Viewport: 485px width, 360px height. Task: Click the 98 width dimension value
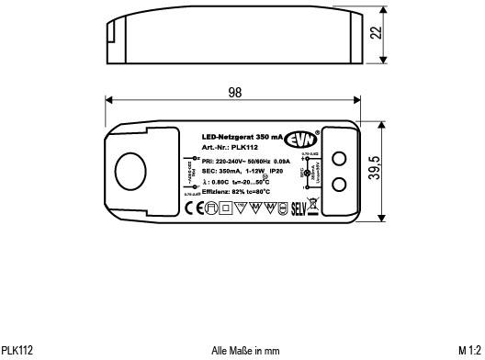234,93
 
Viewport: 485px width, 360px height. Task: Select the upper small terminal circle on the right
338,159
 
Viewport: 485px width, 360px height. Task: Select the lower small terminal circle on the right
338,185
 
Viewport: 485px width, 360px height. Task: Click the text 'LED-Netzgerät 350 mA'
242,136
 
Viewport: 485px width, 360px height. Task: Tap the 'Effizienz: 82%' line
235,192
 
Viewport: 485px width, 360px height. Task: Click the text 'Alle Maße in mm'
244,350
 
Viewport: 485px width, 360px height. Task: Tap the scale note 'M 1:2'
469,350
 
